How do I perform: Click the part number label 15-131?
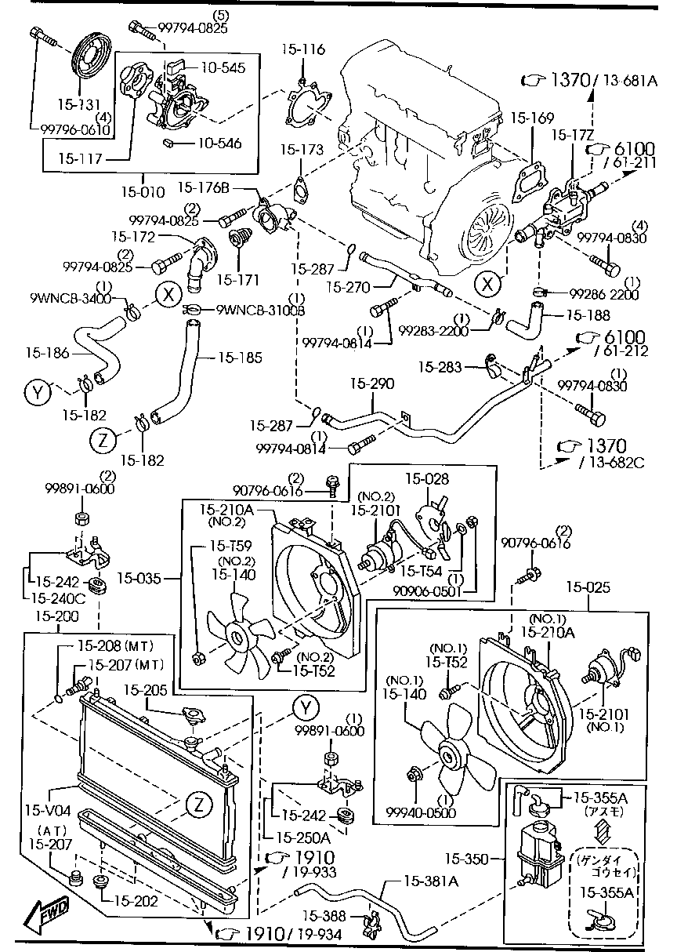pyautogui.click(x=78, y=103)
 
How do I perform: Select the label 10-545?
pyautogui.click(x=221, y=68)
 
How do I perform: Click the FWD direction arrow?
pyautogui.click(x=45, y=912)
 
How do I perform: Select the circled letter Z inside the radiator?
pyautogui.click(x=197, y=804)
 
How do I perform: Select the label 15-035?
pyautogui.click(x=139, y=580)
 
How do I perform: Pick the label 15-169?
pyautogui.click(x=532, y=120)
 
